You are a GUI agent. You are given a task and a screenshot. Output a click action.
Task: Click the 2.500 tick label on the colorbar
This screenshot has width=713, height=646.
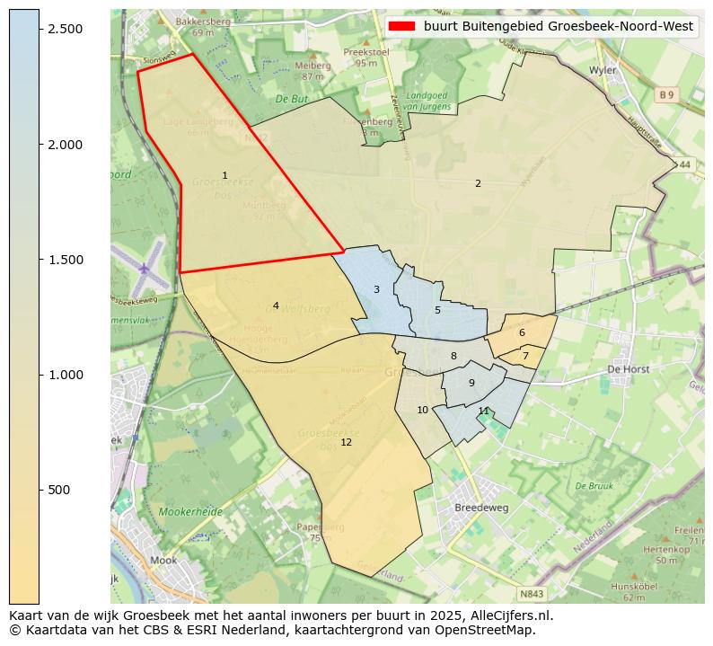[66, 29]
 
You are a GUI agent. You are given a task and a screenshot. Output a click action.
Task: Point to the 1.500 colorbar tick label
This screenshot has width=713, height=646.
[66, 260]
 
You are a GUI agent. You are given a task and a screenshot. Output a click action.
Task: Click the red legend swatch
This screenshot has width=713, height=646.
[402, 26]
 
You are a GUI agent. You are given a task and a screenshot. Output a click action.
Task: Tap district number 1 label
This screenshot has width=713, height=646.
[224, 175]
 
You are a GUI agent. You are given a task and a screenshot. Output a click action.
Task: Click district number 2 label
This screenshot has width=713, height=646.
[478, 183]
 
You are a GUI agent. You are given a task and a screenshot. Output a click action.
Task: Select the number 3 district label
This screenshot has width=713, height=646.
[376, 289]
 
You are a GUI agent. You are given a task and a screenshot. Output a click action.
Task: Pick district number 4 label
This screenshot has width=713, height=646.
[276, 305]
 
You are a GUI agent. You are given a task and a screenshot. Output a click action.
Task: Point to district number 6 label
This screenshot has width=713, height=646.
[522, 332]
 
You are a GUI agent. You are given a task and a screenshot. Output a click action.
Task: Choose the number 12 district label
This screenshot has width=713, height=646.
[346, 442]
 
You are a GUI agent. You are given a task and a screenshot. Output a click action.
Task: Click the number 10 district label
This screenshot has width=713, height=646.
[422, 410]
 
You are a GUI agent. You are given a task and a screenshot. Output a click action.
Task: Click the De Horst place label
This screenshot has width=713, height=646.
[628, 368]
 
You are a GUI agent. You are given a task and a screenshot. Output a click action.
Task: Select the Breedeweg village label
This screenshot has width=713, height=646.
[481, 507]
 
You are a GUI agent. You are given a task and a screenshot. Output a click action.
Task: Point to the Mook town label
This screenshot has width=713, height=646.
[163, 560]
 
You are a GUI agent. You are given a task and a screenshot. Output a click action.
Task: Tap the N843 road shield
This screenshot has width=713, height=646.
[532, 594]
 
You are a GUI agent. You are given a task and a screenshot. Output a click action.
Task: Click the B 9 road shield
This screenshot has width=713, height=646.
[665, 94]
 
